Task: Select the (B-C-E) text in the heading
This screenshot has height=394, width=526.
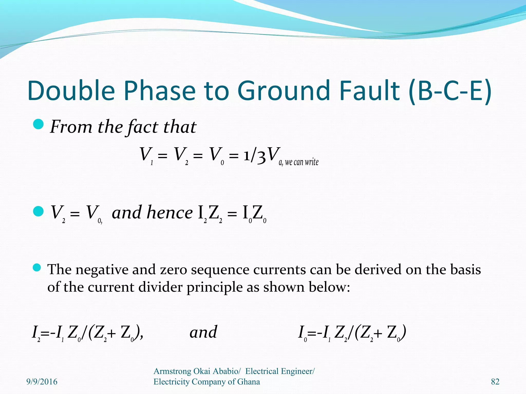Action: (x=450, y=91)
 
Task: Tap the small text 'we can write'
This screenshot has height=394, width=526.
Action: (x=302, y=162)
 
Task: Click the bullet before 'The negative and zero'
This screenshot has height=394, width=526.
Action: (x=37, y=268)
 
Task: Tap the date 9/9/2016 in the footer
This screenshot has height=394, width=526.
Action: (x=42, y=382)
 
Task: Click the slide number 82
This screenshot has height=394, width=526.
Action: (x=495, y=382)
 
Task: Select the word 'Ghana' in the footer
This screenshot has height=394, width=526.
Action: (x=248, y=382)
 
